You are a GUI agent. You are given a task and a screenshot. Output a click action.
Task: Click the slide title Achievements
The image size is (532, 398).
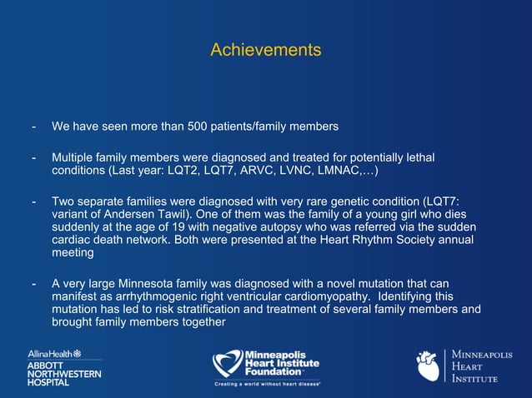click(x=265, y=50)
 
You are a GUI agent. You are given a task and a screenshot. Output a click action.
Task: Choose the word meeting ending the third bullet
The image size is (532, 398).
click(x=73, y=253)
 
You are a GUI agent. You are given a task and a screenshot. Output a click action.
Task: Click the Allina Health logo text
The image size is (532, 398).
click(x=54, y=354)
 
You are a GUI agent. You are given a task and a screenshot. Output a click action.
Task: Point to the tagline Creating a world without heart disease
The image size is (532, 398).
click(x=267, y=384)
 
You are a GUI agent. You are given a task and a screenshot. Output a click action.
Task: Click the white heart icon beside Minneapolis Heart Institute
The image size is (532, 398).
click(x=428, y=366)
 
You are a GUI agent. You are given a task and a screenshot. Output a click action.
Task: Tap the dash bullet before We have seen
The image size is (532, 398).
click(x=33, y=127)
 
